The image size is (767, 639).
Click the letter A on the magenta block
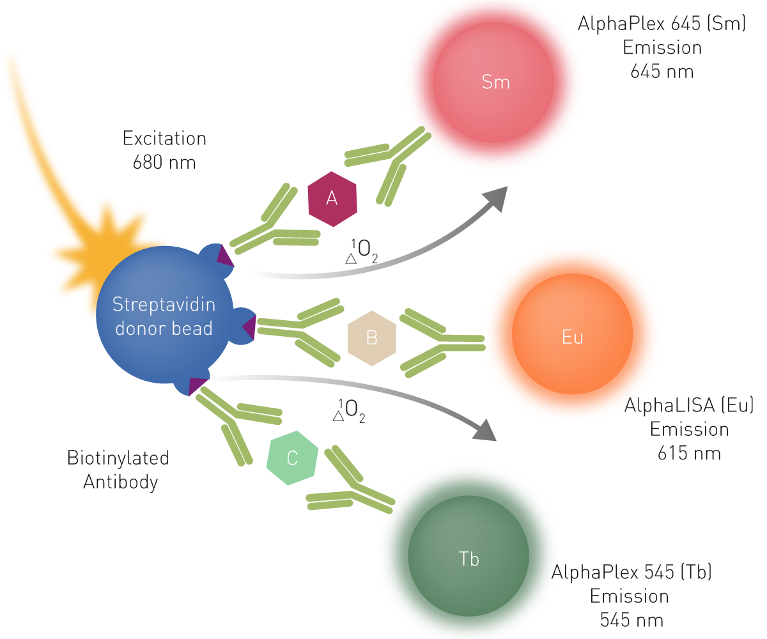[332, 199]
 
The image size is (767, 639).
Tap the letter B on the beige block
[372, 337]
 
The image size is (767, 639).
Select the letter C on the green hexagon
[292, 458]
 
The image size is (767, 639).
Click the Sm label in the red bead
[496, 82]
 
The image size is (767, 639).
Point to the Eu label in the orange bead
[572, 337]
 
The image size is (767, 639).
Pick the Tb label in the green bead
[469, 560]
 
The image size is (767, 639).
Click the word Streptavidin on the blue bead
[164, 304]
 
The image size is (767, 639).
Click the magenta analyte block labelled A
[337, 211]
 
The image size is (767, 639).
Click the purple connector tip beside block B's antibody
[250, 327]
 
